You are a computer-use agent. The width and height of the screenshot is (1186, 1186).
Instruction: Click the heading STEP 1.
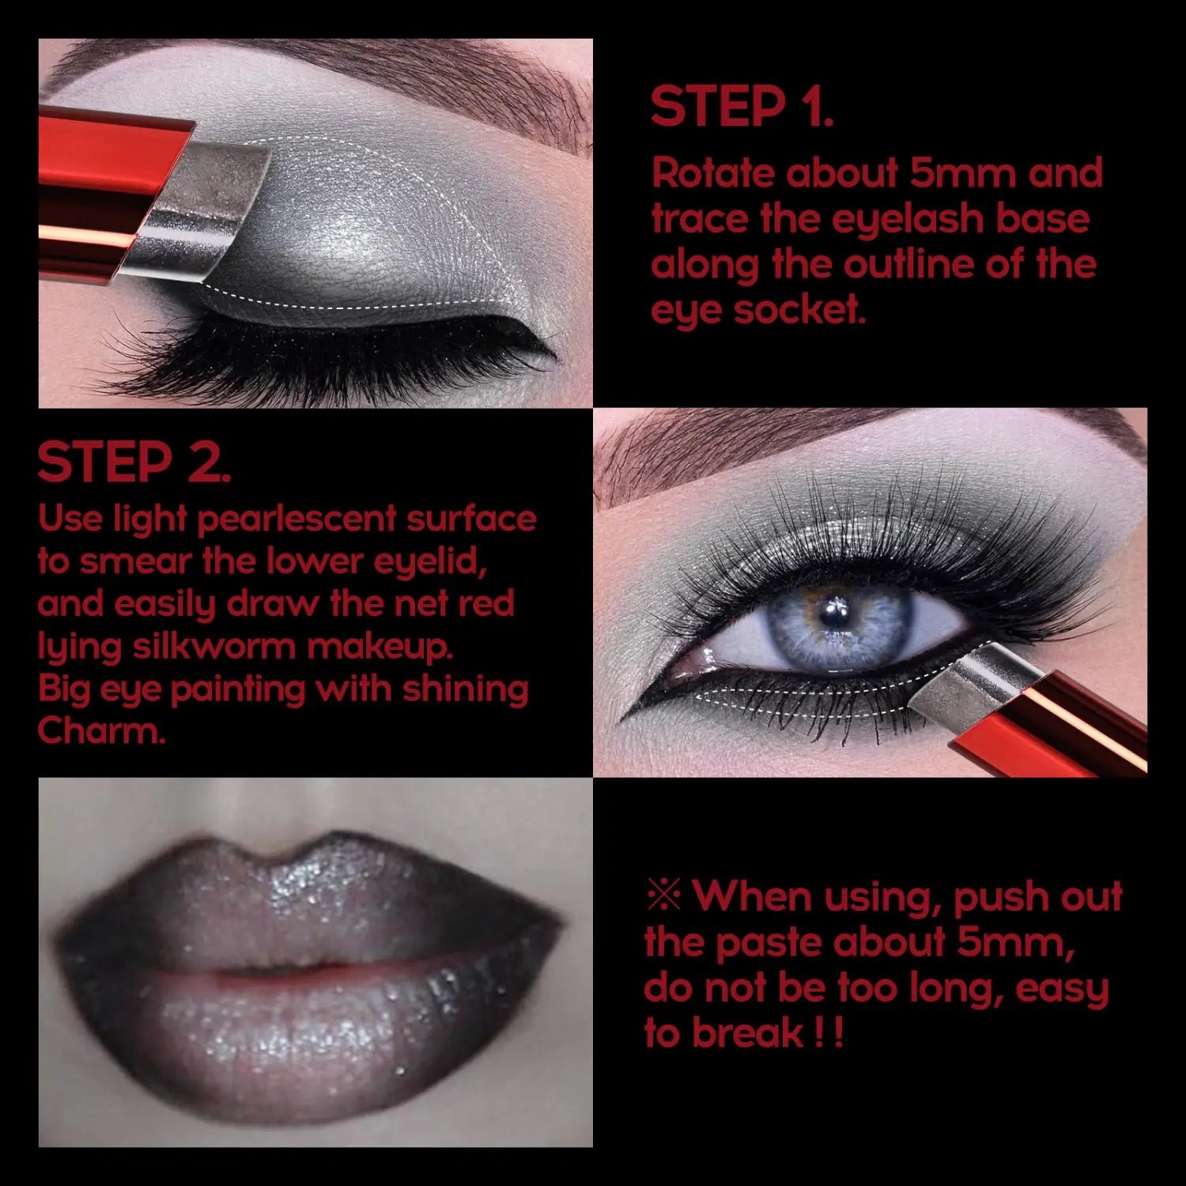[741, 108]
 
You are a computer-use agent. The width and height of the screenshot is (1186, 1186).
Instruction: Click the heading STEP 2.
[134, 463]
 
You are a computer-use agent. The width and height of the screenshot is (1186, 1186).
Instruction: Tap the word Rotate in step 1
[712, 173]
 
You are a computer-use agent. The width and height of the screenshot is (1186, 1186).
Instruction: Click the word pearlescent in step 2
[296, 519]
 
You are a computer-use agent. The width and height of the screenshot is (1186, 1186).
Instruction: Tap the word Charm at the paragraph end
[100, 731]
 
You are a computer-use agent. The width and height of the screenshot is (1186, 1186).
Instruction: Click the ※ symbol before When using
[663, 896]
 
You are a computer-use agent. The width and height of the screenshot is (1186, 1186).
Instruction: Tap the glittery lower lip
[316, 1036]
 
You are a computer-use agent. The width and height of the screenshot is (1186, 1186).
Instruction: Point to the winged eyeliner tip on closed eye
[550, 352]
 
